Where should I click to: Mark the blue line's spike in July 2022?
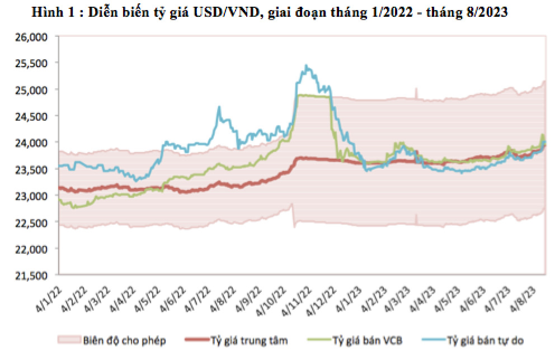pos(219,107)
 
